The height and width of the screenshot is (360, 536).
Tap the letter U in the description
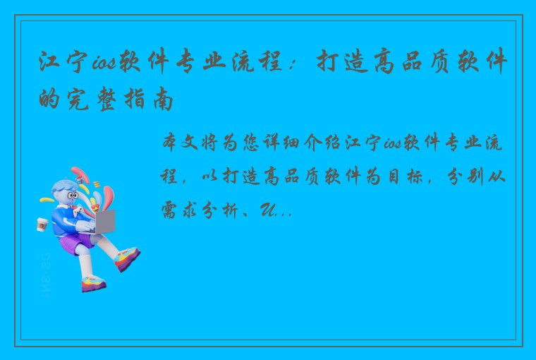[269, 210]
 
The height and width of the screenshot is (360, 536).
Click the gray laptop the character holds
[104, 222]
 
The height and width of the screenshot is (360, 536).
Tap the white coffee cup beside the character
[42, 224]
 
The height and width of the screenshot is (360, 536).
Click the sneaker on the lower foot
[92, 283]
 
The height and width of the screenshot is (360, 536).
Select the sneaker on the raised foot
[126, 258]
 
